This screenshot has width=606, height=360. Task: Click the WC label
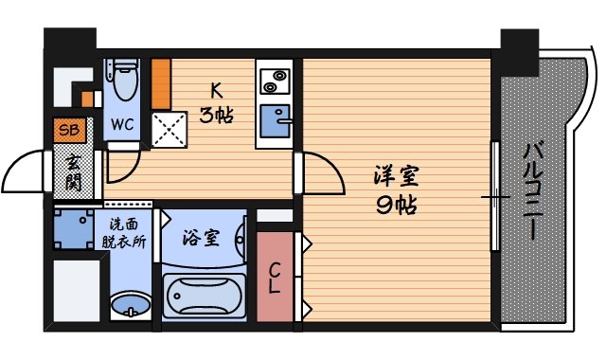122,124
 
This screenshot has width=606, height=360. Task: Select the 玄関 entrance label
73,172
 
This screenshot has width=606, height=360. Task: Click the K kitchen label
216,91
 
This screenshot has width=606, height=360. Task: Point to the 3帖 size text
216,116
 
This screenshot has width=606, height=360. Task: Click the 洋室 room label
396,176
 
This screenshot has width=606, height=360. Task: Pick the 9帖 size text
396,204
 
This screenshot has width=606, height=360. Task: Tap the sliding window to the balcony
494,196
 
